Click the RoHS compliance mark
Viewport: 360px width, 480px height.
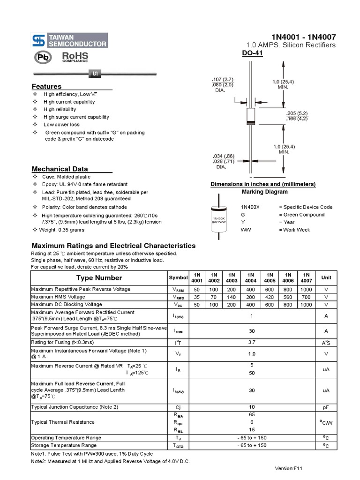pyautogui.click(x=75, y=57)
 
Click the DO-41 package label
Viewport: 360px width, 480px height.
pyautogui.click(x=252, y=54)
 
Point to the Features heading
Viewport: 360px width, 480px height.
pyautogui.click(x=46, y=86)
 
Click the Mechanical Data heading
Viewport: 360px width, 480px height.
pyautogui.click(x=60, y=169)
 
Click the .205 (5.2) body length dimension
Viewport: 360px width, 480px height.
pyautogui.click(x=297, y=113)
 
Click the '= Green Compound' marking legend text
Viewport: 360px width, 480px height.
pyautogui.click(x=301, y=215)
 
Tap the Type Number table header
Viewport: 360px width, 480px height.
pyautogui.click(x=99, y=277)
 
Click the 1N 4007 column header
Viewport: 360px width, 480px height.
pyautogui.click(x=306, y=277)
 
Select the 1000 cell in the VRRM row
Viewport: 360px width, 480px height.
pyautogui.click(x=306, y=289)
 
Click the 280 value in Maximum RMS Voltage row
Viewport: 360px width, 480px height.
pyautogui.click(x=250, y=297)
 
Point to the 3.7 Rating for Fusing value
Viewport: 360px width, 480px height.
pyautogui.click(x=251, y=343)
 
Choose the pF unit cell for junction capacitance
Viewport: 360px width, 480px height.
pyautogui.click(x=326, y=407)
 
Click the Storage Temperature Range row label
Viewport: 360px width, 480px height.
pyautogui.click(x=64, y=445)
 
